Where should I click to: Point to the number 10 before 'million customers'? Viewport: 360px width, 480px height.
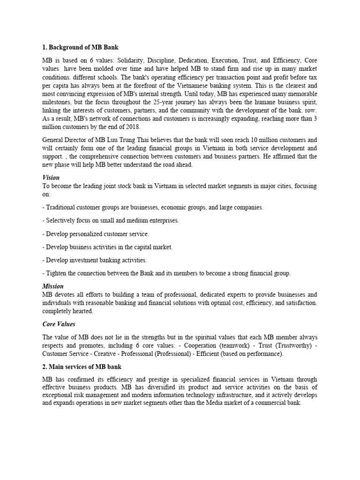coord(259,140)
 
